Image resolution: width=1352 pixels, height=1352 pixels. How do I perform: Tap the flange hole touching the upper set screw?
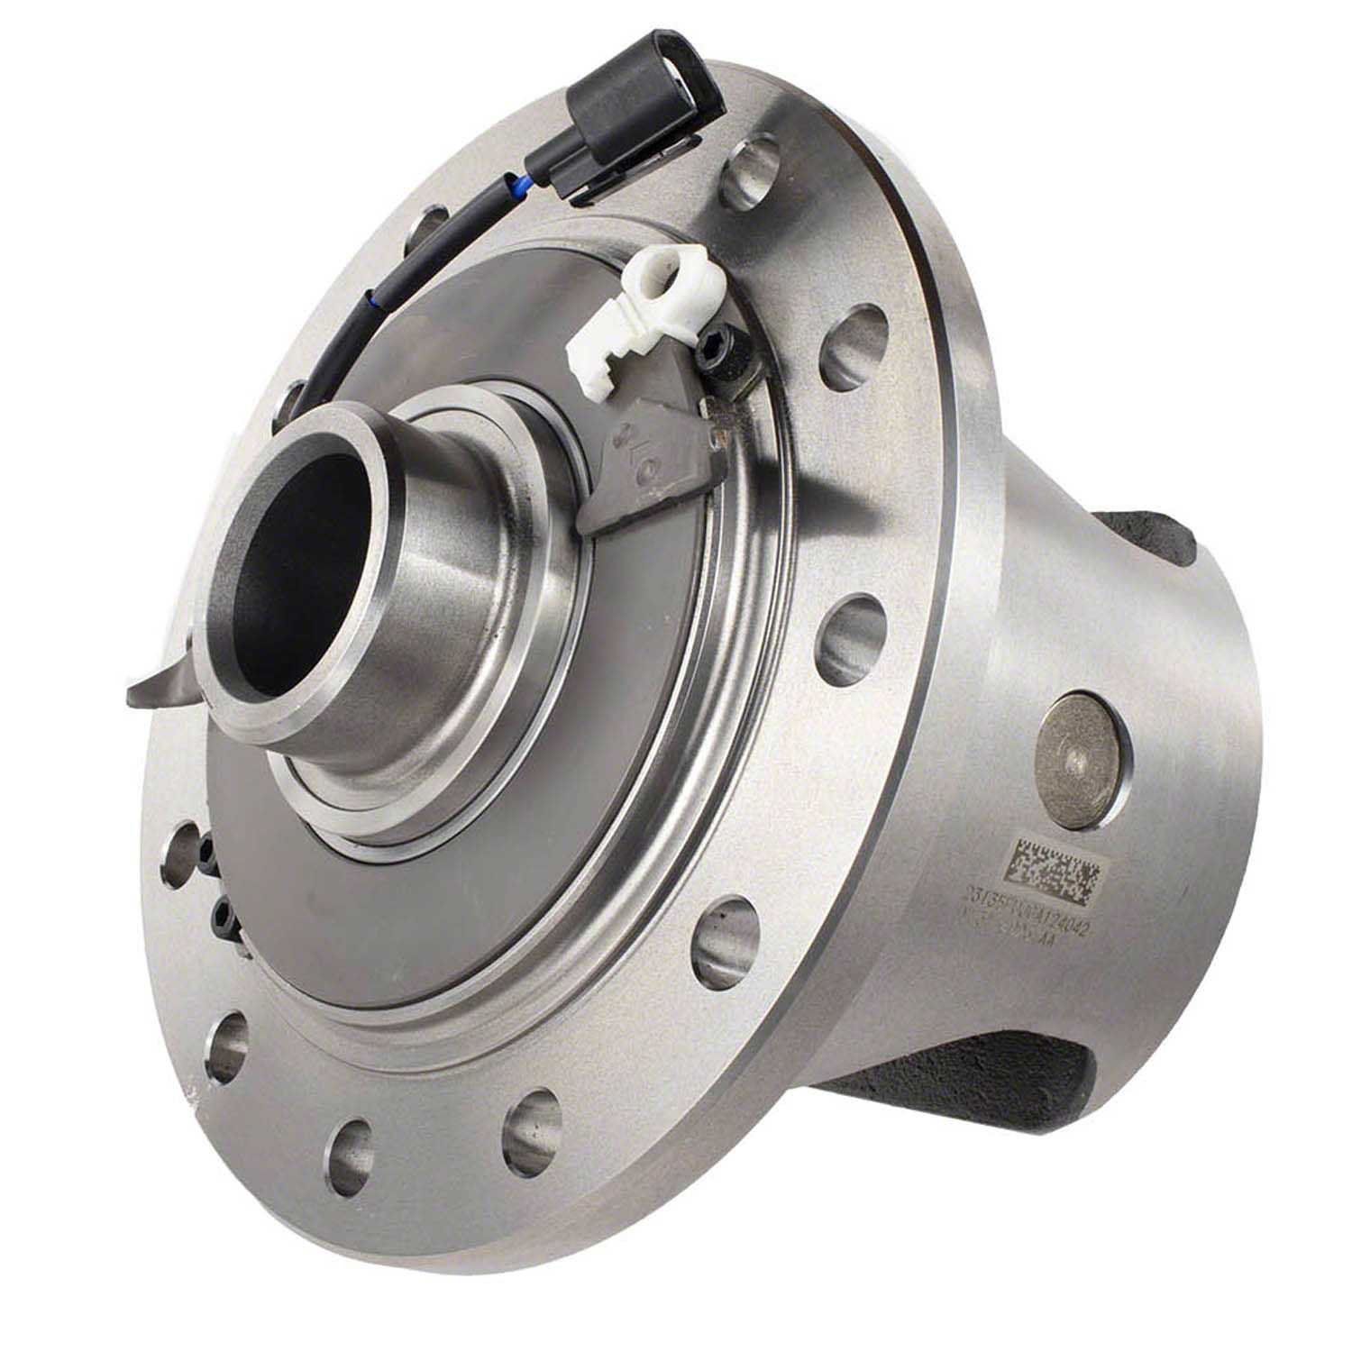point(180,852)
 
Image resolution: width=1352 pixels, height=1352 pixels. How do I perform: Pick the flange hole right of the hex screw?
point(853,347)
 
